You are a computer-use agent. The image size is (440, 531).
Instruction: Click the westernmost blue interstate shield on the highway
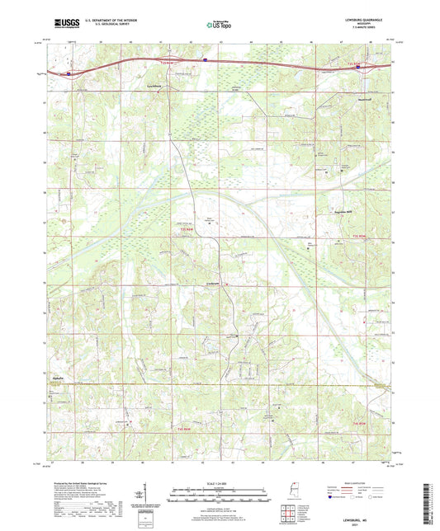[69, 73]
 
